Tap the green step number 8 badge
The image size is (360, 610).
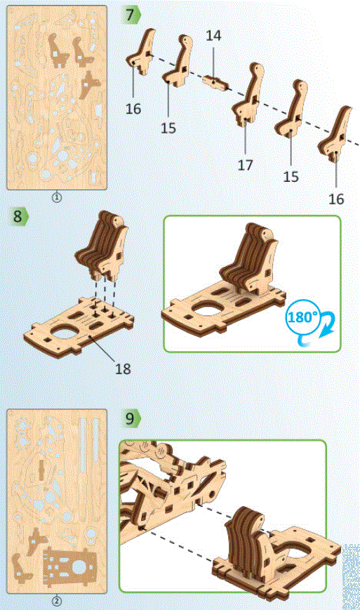(19, 216)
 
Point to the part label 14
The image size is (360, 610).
(213, 35)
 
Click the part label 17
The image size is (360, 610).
(244, 166)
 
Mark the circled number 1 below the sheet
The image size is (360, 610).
(57, 197)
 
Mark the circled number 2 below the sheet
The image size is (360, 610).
(57, 601)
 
